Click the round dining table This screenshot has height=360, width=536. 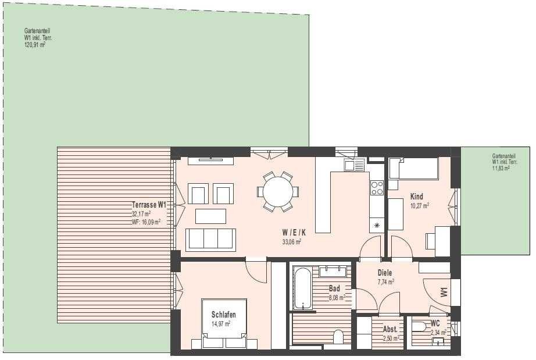(x=278, y=191)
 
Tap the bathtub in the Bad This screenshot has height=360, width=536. (x=302, y=289)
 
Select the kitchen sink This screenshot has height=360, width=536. (x=355, y=166)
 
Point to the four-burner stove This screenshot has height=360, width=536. (x=377, y=188)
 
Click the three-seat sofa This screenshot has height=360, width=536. (x=210, y=240)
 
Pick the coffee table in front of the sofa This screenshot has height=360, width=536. (x=210, y=216)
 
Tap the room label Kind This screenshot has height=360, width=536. (x=417, y=197)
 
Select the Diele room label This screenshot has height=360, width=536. (x=385, y=273)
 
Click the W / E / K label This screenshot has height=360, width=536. (x=294, y=233)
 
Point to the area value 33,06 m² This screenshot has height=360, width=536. (x=292, y=242)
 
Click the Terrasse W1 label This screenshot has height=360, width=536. (x=149, y=205)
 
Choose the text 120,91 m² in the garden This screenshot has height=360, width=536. (x=35, y=45)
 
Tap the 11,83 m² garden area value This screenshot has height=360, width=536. (x=501, y=168)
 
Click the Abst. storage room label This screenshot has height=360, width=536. (x=391, y=329)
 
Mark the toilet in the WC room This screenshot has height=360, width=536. (x=419, y=327)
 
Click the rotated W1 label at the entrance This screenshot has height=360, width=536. (x=444, y=292)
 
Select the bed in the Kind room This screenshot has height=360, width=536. (x=413, y=168)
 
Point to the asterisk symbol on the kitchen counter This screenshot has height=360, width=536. (x=377, y=225)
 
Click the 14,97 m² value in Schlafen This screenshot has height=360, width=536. (x=221, y=323)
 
